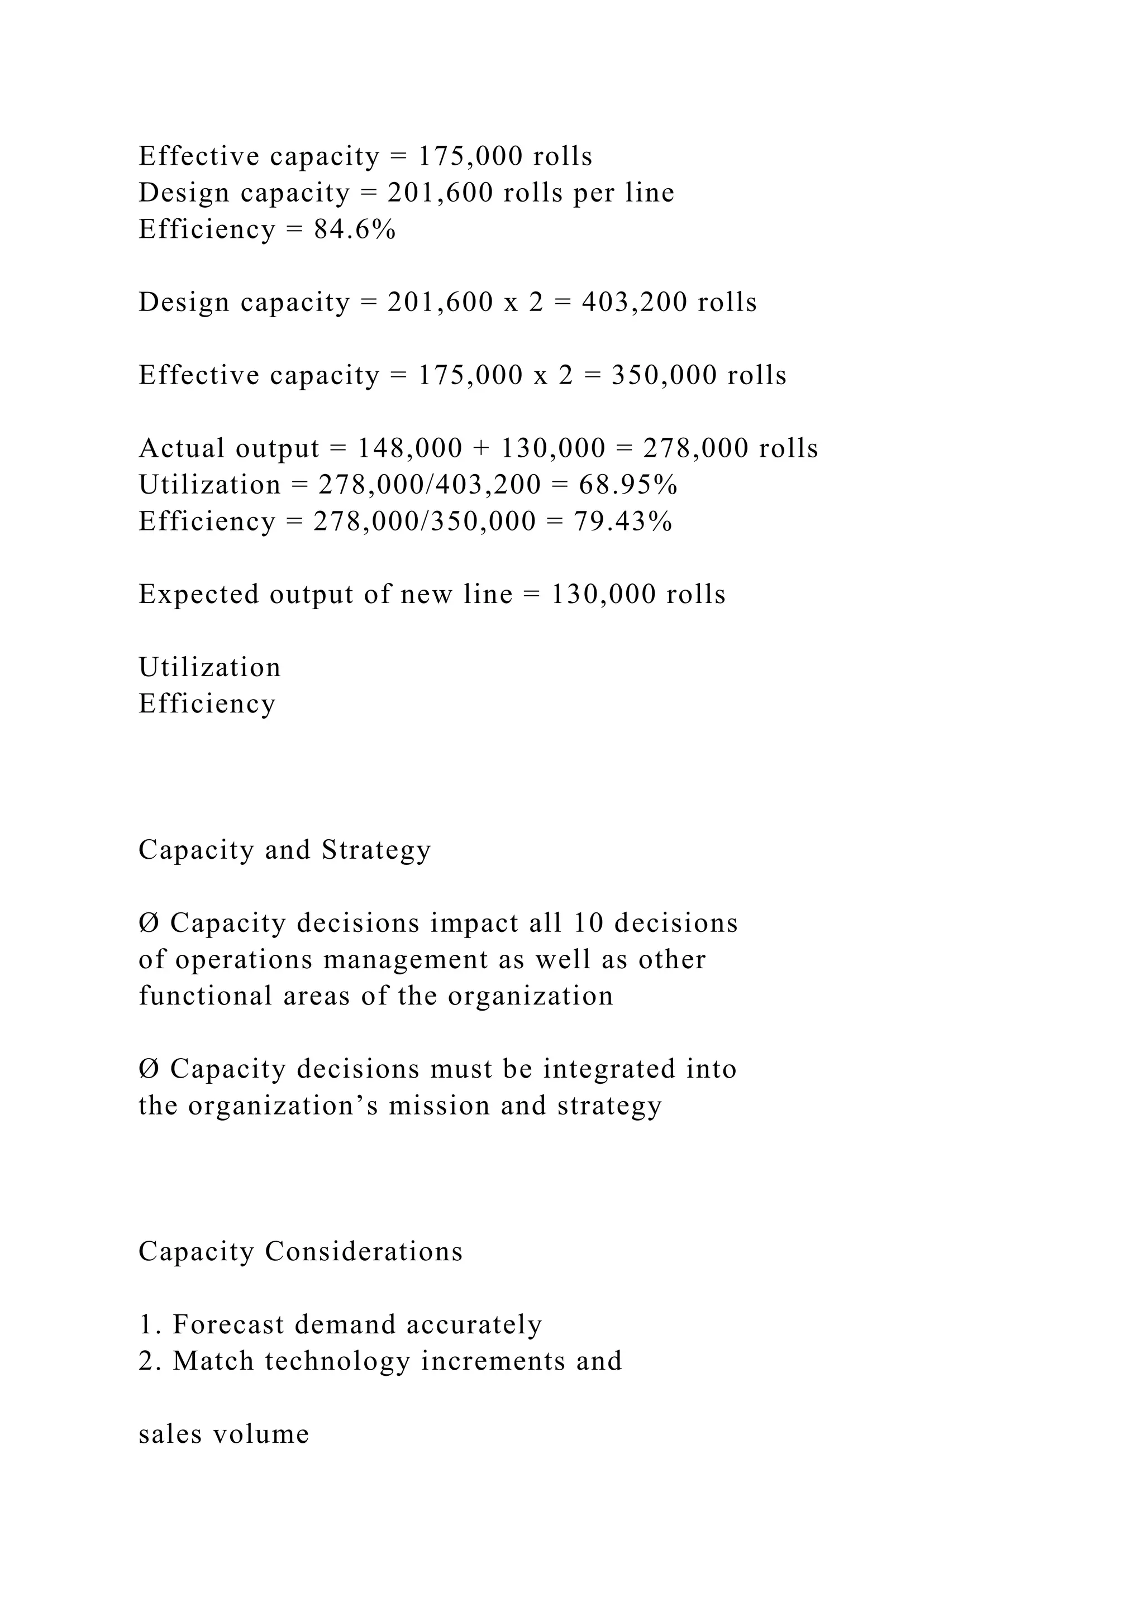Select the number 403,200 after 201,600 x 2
[x=634, y=302]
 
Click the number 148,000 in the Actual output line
[x=410, y=448]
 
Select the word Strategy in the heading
[x=376, y=850]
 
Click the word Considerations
[x=364, y=1251]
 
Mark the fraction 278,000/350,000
[x=425, y=521]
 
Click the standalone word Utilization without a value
[x=209, y=667]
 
